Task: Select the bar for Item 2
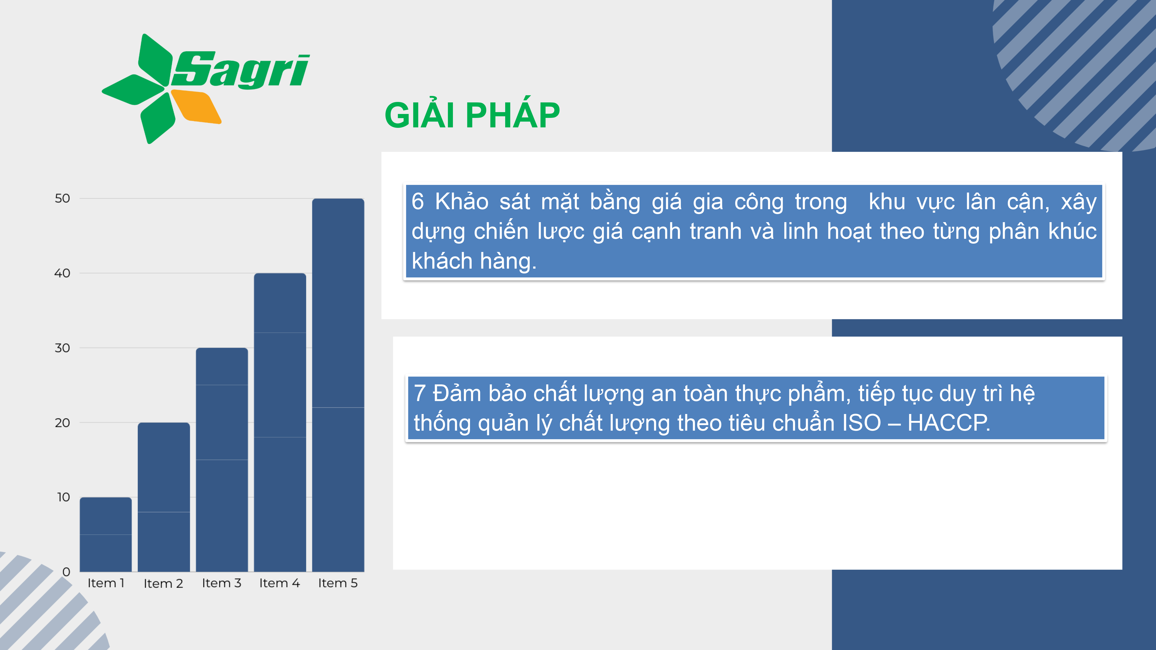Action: pos(164,497)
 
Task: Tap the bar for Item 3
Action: pos(222,460)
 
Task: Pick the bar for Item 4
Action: pos(280,423)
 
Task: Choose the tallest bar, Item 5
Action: pos(338,385)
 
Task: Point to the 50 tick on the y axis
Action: pos(62,198)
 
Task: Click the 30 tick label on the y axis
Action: pos(62,348)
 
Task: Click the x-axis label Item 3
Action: pos(222,583)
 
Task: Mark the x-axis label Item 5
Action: pos(338,583)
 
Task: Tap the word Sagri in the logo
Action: pos(240,70)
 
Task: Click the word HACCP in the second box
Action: pos(949,423)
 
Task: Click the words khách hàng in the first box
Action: pos(474,261)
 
